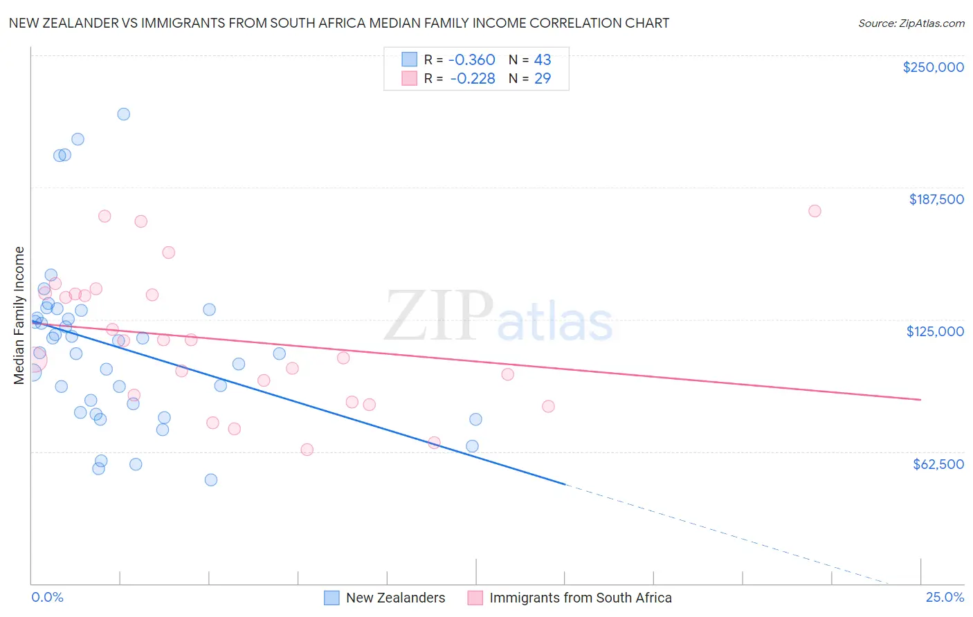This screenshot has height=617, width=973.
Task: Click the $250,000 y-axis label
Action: pos(933,67)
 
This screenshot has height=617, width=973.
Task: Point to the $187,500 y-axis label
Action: pos(936,199)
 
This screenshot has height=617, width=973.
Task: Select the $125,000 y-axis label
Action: pos(935,331)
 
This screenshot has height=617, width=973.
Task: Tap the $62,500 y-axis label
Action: pos(938,464)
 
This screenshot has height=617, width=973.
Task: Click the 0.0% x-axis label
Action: pos(47,597)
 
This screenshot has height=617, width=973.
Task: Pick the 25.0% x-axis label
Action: pos(945,597)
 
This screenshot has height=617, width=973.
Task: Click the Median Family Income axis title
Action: pos(19,315)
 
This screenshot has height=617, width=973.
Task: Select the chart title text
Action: pos(338,23)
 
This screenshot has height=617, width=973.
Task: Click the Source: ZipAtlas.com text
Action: pos(911,23)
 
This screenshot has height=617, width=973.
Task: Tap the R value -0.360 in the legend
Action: pos(472,59)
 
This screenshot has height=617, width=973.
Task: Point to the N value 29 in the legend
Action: pos(543,78)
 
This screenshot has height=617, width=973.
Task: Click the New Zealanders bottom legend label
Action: pos(395,598)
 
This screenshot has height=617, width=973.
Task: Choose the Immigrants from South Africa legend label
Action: pos(580,598)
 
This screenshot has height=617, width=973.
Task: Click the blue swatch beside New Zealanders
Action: pos(331,598)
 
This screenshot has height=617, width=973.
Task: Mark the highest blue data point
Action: pos(123,114)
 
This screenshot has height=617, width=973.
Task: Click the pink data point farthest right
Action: pos(815,211)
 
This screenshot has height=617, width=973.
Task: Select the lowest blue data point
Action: pos(211,480)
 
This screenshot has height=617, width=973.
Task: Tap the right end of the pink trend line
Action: pos(920,400)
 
